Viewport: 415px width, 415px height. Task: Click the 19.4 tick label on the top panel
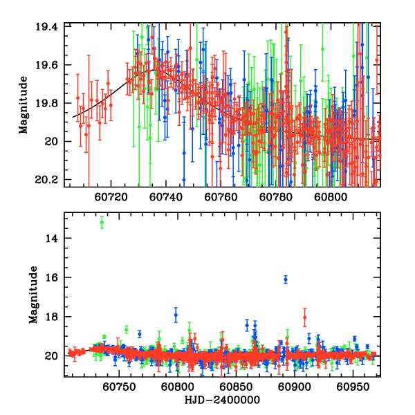tap(50, 26)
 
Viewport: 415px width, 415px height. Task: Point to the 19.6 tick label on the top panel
tap(50, 65)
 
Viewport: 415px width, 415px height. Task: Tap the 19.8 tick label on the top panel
tap(50, 104)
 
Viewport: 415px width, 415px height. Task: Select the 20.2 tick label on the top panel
tap(50, 180)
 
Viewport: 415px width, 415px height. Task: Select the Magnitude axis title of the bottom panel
tap(33, 295)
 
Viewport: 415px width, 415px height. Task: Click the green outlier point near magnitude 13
tap(102, 222)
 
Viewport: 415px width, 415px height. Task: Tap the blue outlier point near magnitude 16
tap(286, 279)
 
